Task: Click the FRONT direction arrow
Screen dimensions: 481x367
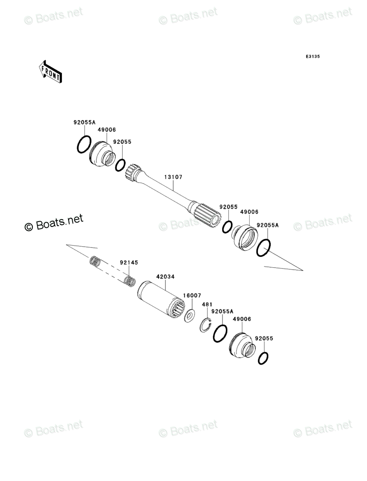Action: [50, 71]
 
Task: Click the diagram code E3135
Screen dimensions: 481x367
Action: [312, 57]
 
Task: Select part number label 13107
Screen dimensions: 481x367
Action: [173, 177]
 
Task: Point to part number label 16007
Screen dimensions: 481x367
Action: [192, 296]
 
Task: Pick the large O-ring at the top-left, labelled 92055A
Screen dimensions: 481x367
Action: [84, 144]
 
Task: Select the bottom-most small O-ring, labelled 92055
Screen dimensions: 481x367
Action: [264, 358]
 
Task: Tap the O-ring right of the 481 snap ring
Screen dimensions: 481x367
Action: [220, 333]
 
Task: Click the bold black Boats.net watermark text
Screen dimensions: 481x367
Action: [54, 223]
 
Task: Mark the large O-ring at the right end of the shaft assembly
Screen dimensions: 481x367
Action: [263, 248]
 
